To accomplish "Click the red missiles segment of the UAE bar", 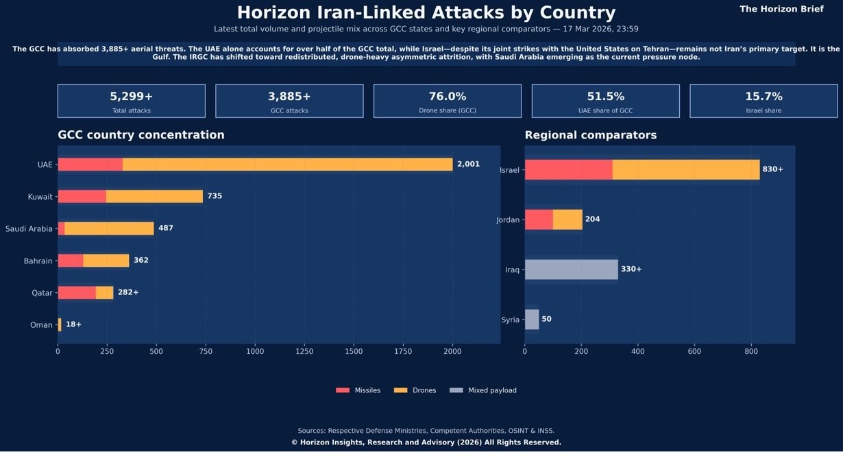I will [x=90, y=165].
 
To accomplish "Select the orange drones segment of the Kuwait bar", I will [x=154, y=197].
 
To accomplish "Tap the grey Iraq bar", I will [x=571, y=270].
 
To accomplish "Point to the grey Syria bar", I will [x=532, y=320].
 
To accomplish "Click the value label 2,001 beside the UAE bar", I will [x=468, y=165].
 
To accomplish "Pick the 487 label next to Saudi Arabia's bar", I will [x=166, y=228].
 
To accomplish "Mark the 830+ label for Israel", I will [x=772, y=169].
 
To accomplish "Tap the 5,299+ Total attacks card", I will [x=132, y=101].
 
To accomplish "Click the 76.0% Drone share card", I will [x=447, y=101].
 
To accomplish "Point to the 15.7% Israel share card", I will [x=763, y=101].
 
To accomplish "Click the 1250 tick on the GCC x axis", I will [x=304, y=351].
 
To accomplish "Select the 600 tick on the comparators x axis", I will [x=694, y=351].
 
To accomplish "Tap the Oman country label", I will [x=41, y=325].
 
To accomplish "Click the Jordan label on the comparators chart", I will [x=508, y=220].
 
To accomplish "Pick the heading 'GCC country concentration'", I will [x=141, y=135].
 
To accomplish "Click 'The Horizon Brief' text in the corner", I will [x=781, y=9].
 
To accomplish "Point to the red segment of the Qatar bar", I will [x=77, y=293].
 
